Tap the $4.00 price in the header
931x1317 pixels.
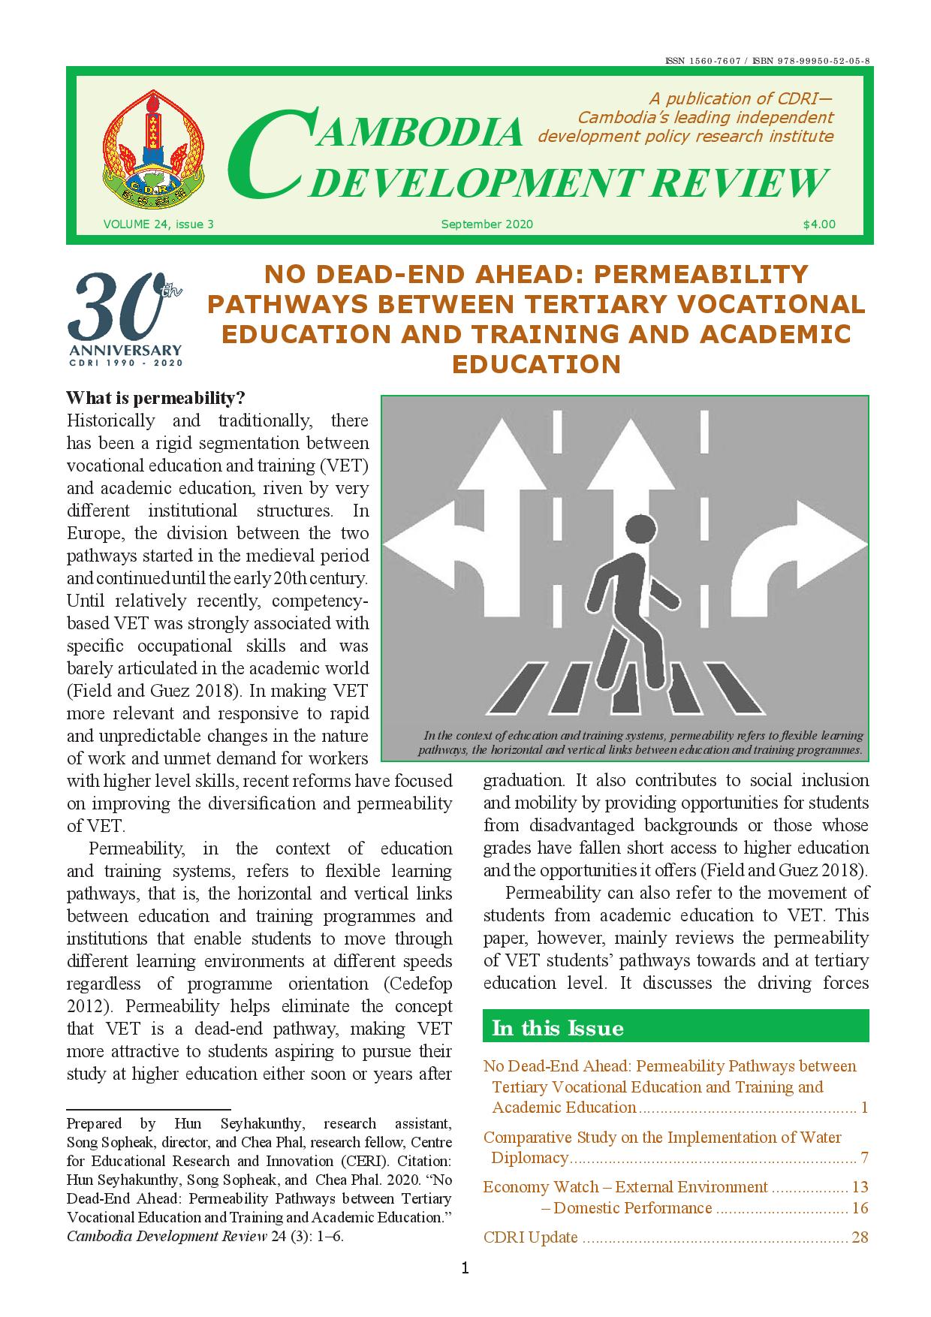[x=818, y=224]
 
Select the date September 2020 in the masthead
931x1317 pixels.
[x=487, y=224]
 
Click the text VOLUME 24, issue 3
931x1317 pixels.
[x=158, y=224]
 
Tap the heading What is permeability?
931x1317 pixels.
[x=156, y=397]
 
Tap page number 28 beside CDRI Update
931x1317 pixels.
[x=860, y=1237]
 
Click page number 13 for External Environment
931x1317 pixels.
[x=860, y=1187]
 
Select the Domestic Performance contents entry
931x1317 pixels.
[x=631, y=1208]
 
